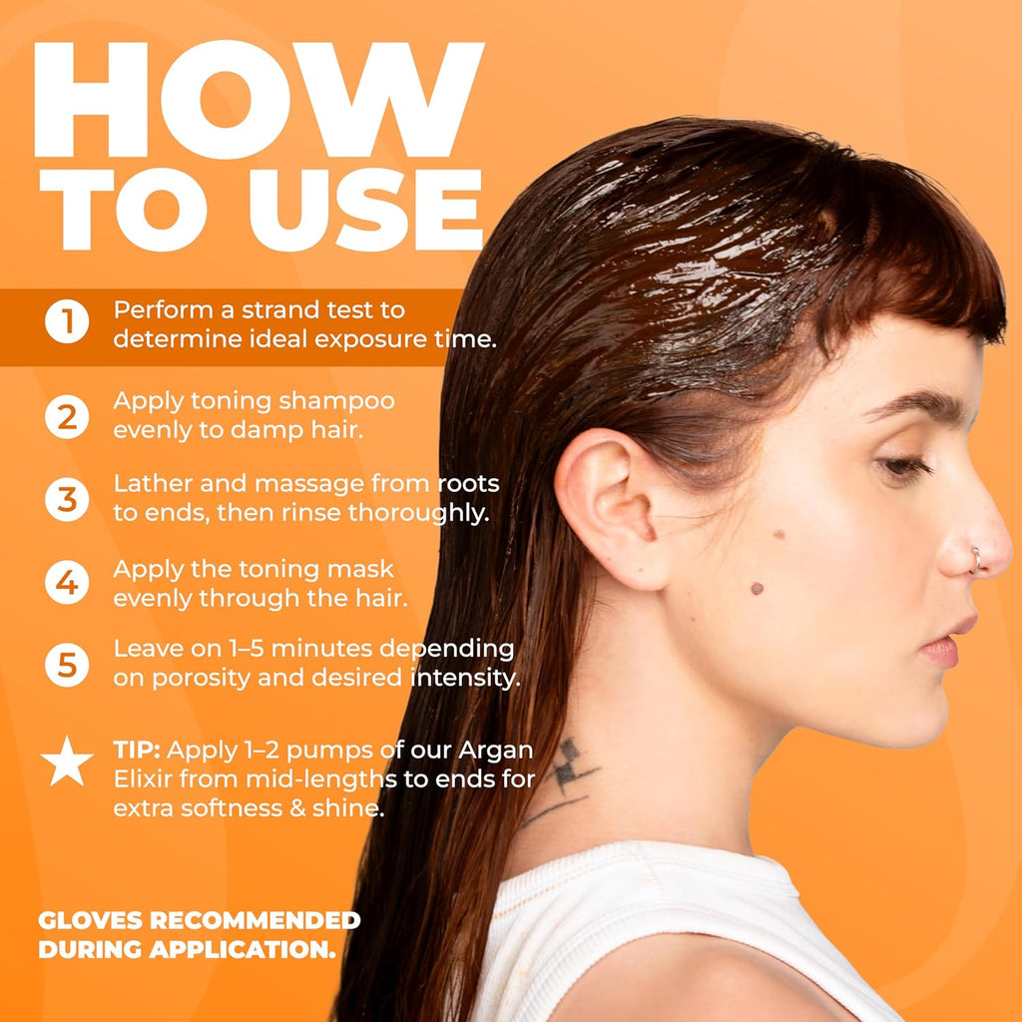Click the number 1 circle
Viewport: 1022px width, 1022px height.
coord(67,321)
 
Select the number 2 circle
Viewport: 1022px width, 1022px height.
coord(67,416)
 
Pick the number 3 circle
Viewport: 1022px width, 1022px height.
coord(67,499)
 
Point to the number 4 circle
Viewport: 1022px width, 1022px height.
coord(67,582)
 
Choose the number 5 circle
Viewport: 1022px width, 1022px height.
coord(67,665)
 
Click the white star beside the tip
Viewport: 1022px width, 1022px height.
coord(67,762)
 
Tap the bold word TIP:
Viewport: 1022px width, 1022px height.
coord(137,751)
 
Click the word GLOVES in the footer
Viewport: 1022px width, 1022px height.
coord(90,920)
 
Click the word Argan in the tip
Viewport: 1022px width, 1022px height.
coord(496,752)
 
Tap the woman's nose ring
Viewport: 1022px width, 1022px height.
coord(975,561)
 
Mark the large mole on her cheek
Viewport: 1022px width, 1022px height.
coord(757,589)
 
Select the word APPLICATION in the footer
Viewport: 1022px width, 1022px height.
coord(242,950)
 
